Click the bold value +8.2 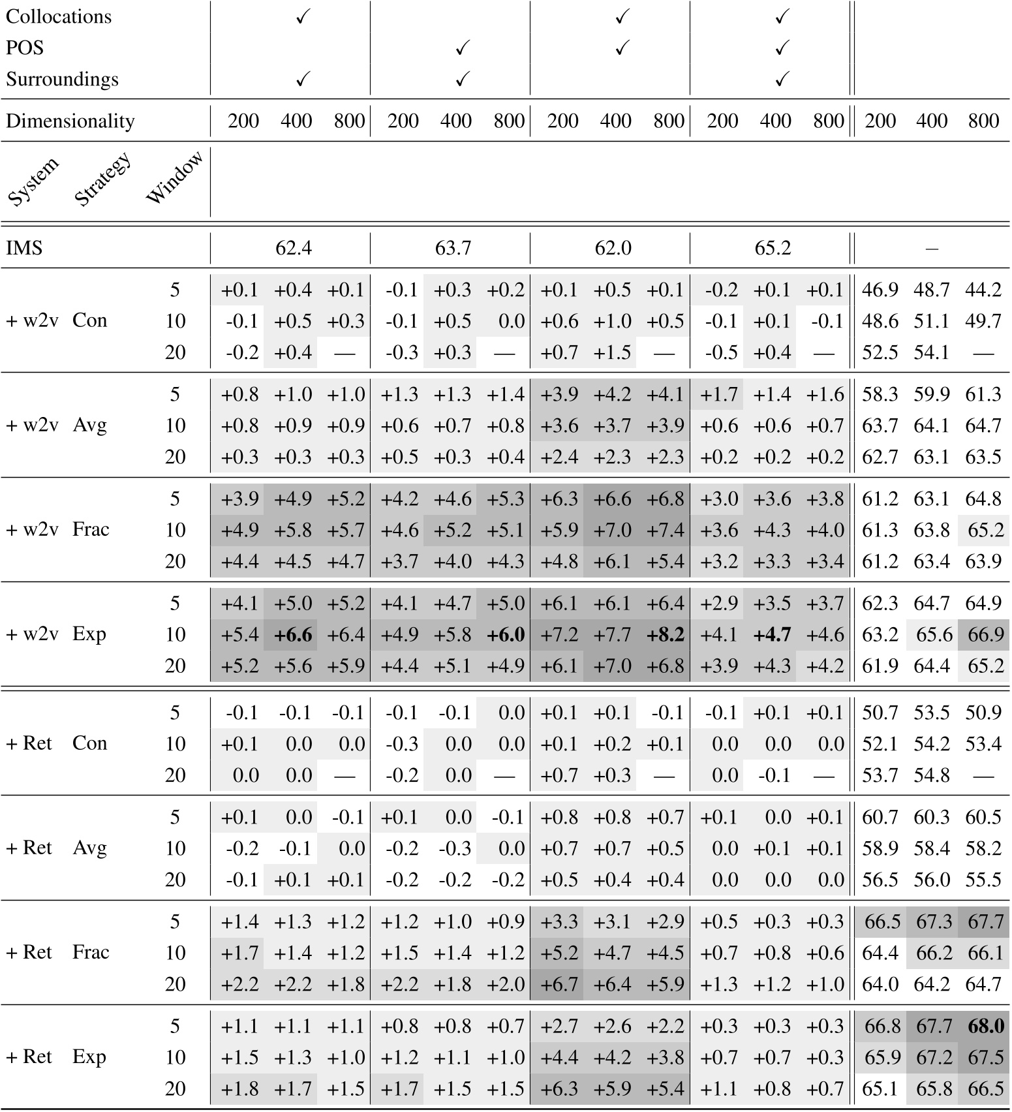click(666, 634)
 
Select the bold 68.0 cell click(985, 1026)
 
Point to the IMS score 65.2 click(773, 248)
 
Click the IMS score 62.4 click(294, 248)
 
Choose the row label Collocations click(59, 16)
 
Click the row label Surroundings click(63, 79)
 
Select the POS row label click(25, 48)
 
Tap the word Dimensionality click(70, 121)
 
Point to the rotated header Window click(174, 176)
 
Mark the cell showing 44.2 click(983, 289)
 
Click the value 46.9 click(880, 289)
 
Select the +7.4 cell click(666, 530)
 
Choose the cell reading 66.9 click(985, 634)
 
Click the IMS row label click(24, 248)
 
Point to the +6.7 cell click(559, 984)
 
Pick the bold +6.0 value click(506, 634)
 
